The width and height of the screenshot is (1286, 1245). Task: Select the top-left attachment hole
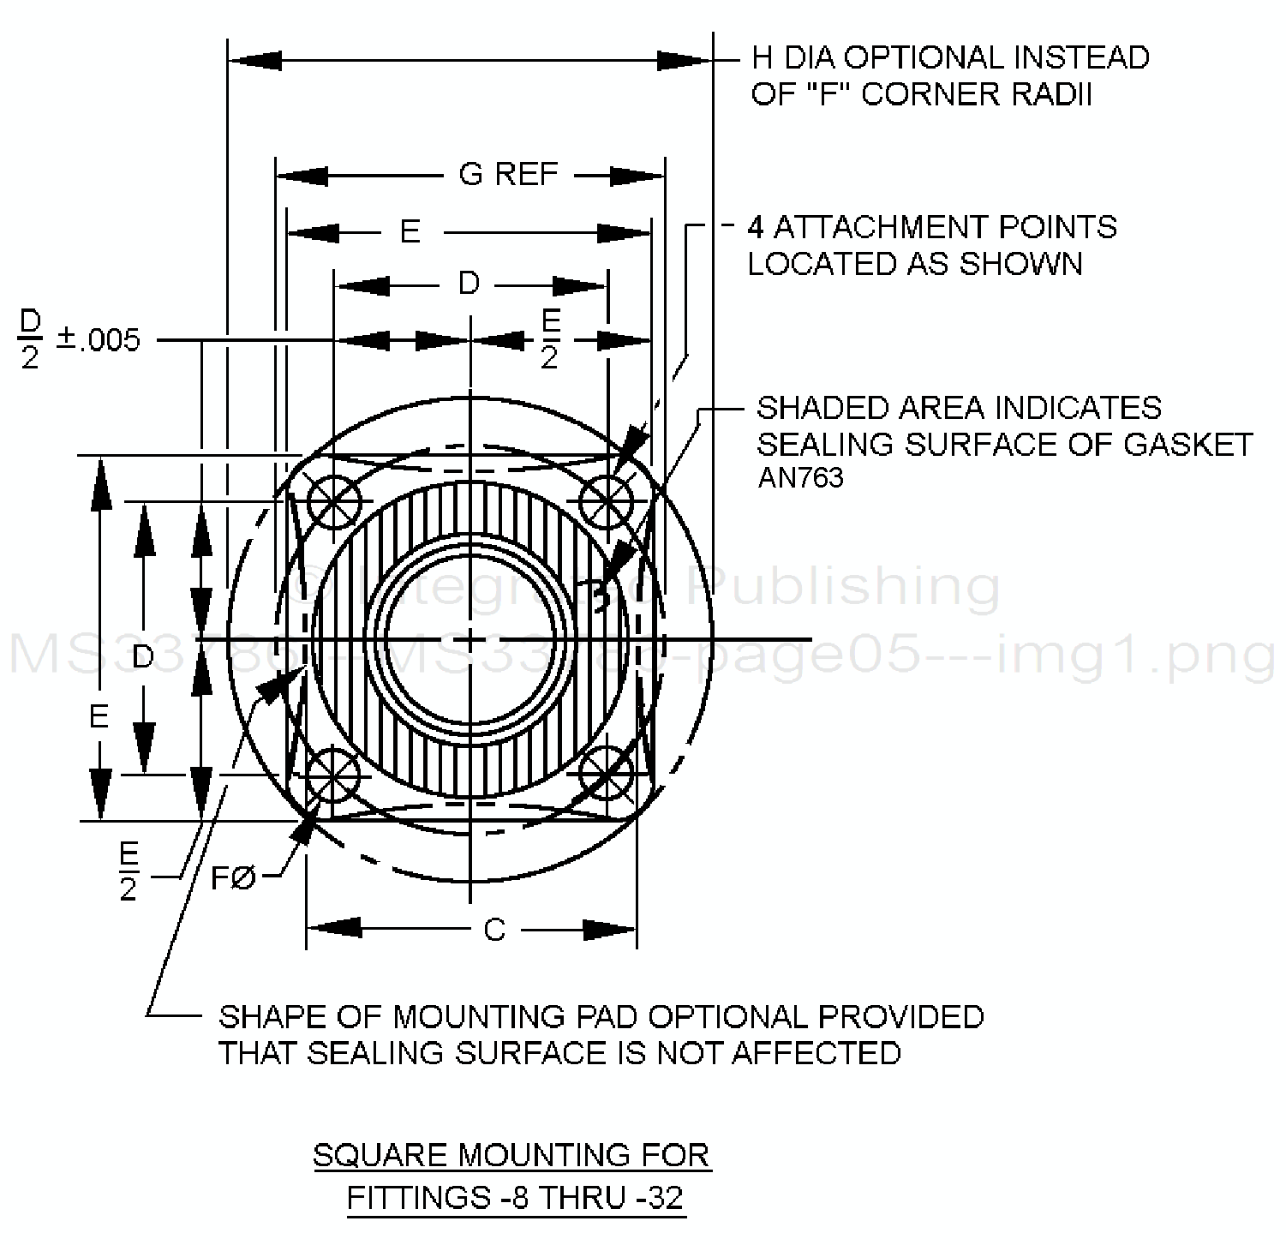coord(333,501)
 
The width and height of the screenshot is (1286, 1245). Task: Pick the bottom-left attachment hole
coord(333,775)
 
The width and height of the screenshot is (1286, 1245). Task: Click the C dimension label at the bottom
coord(494,930)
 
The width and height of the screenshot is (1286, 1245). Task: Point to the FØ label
coord(233,877)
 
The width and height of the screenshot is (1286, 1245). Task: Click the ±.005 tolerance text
coord(98,340)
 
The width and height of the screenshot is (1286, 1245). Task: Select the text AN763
coord(800,478)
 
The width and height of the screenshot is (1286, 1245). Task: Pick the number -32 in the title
coord(662,1197)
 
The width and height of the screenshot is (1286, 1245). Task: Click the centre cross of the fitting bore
coord(470,639)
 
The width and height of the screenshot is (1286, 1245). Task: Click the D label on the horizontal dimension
coord(469,284)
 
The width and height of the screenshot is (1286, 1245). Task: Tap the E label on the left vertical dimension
coord(99,716)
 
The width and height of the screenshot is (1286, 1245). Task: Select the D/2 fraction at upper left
coord(31,339)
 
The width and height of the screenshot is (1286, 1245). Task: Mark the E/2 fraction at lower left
coord(129,872)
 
